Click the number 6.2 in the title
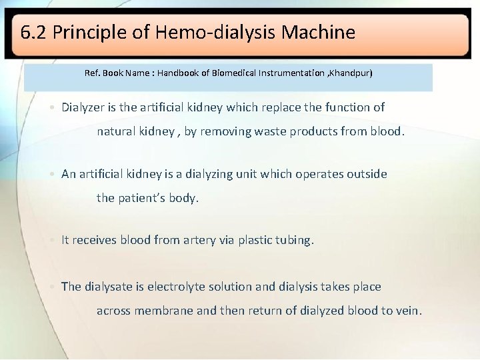coord(33,32)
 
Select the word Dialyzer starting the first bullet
coord(85,107)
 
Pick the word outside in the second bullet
coord(365,174)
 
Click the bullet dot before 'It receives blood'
coord(53,241)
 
